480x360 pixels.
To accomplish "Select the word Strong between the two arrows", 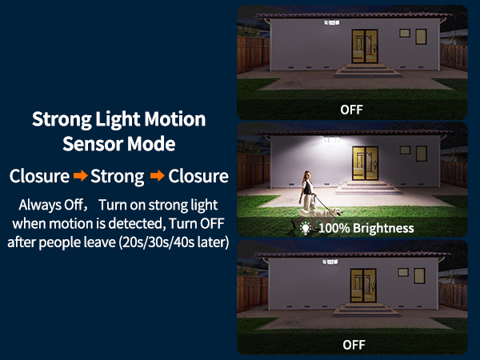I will tap(118, 176).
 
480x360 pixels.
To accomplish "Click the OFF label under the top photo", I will tap(352, 109).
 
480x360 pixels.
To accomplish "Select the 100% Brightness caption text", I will tap(366, 228).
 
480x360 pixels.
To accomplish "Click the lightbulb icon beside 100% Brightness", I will tap(305, 228).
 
